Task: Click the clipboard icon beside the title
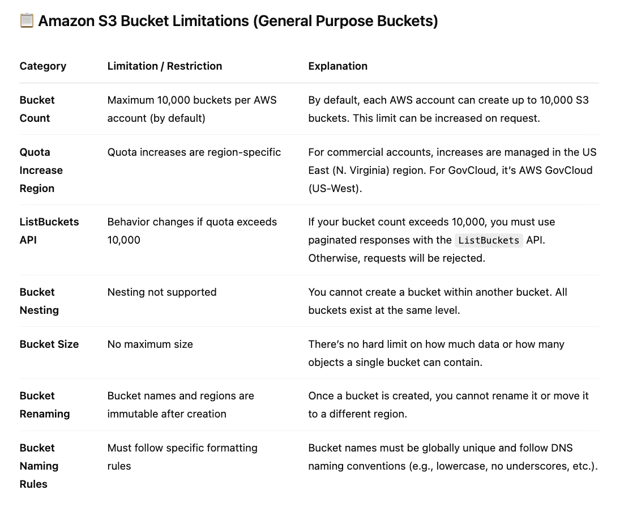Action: coord(27,22)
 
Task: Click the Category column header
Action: coord(43,66)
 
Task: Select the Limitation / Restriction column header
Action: coord(165,66)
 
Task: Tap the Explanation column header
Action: coord(338,66)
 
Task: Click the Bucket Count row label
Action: coord(37,109)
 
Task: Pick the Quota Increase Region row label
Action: coord(41,170)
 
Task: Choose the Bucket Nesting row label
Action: coord(39,301)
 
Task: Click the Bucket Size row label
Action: coord(49,344)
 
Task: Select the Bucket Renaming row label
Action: coord(45,404)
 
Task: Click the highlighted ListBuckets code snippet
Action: coord(489,240)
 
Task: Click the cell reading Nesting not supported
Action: coord(162,292)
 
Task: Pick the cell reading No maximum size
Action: coord(150,344)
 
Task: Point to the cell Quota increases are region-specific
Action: coord(194,152)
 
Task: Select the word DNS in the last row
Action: coord(561,448)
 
